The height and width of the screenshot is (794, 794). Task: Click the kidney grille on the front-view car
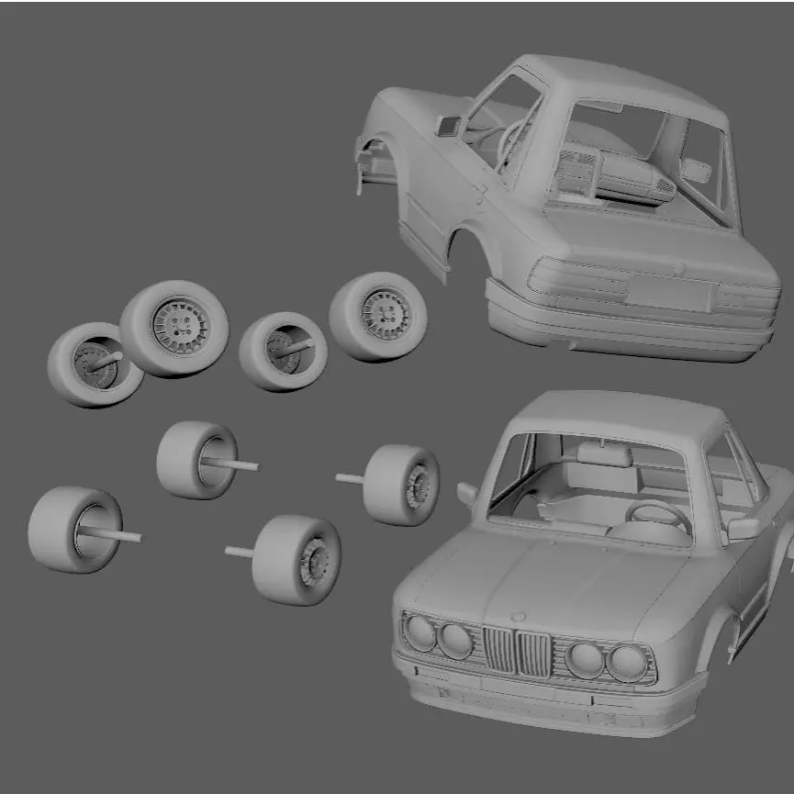[x=518, y=651]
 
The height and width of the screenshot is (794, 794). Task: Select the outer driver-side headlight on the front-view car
[x=629, y=663]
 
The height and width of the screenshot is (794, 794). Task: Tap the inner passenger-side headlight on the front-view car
[x=455, y=640]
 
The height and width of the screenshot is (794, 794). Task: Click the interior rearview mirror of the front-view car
[x=604, y=453]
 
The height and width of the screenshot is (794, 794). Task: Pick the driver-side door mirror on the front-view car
[x=744, y=528]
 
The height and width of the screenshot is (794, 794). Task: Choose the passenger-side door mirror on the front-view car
[x=468, y=495]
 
